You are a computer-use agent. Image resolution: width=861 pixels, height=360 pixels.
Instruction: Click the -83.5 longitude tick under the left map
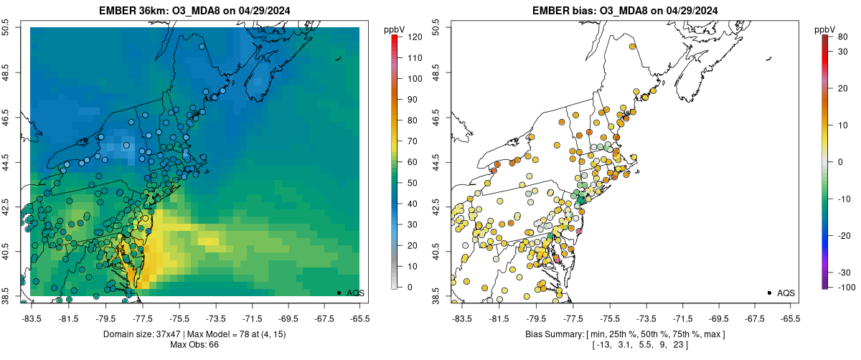point(31,318)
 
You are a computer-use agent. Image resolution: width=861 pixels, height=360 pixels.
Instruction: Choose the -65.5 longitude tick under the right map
point(789,318)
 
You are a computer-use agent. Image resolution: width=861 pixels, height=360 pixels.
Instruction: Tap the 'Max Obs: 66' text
point(194,345)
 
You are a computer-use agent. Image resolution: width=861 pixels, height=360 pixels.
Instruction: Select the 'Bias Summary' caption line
point(624,334)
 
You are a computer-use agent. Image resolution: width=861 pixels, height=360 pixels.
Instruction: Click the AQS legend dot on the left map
point(338,293)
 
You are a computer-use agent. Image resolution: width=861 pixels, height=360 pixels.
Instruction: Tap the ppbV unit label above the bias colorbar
point(826,29)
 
